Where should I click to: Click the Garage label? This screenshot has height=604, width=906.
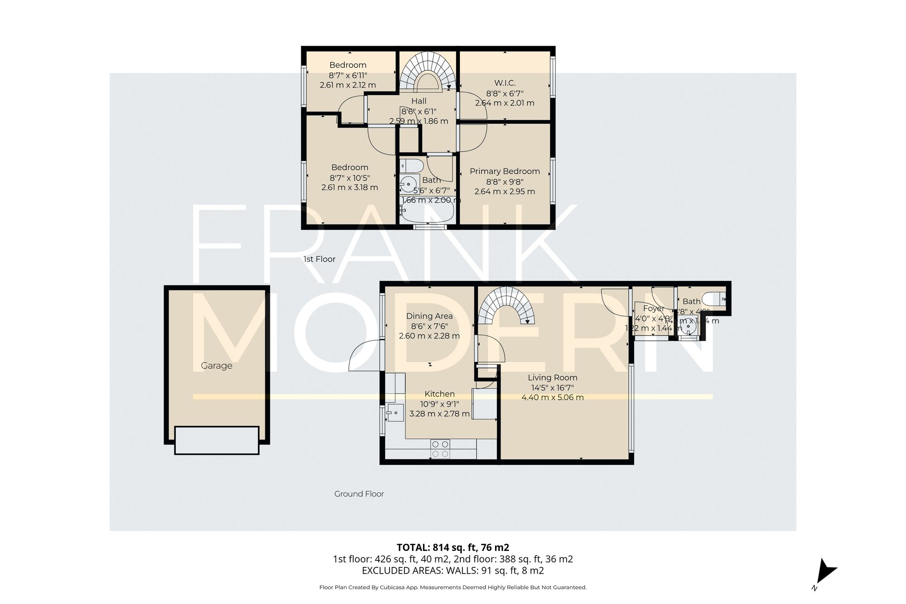pos(217,366)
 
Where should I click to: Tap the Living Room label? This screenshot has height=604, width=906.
pos(552,377)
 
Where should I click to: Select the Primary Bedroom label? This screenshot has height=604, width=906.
pos(505,171)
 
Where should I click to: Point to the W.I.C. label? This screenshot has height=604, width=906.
pos(505,83)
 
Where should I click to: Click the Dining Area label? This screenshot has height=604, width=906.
pos(429,316)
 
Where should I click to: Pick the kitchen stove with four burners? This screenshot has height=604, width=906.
pos(440,449)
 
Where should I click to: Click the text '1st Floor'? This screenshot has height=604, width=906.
pos(319,259)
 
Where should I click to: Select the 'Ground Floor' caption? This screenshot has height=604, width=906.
pos(359,494)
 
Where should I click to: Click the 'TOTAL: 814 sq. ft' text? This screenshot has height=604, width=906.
pos(453,547)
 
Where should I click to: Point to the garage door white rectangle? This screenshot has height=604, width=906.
pos(217,440)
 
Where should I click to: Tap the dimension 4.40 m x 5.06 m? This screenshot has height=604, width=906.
pos(552,397)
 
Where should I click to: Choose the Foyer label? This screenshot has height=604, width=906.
pos(653,309)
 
